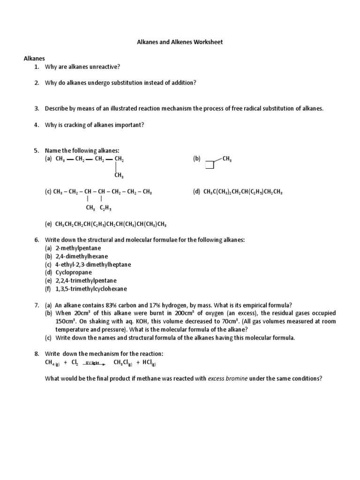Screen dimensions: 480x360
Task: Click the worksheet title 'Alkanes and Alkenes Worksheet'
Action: (x=180, y=42)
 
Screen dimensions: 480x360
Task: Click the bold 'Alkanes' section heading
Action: (x=34, y=59)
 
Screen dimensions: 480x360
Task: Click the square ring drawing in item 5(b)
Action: (x=210, y=165)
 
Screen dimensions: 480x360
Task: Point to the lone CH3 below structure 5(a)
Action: (x=119, y=176)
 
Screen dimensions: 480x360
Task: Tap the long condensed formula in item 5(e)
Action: (x=111, y=224)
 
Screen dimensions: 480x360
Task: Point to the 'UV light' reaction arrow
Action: (x=94, y=363)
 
